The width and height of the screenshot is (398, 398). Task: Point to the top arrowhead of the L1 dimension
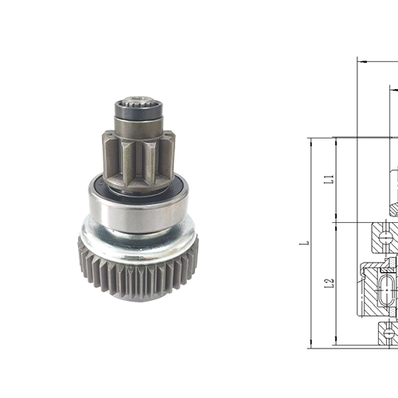(335, 141)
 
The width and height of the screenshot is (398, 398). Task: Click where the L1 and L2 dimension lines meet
(335, 220)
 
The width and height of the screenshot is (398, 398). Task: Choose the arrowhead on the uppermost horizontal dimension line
(360, 60)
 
